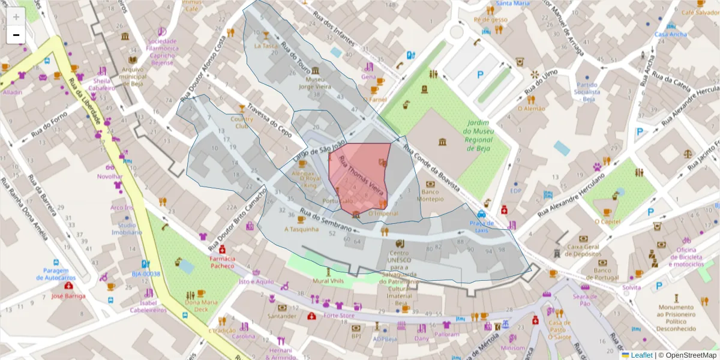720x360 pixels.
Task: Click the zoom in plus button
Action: pos(16,17)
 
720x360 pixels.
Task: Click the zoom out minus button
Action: pos(16,35)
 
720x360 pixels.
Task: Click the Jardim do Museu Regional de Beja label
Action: pos(478,136)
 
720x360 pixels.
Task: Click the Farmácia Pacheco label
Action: pos(222,262)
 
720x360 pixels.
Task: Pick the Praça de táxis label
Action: pos(481,226)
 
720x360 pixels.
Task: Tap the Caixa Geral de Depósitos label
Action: pos(583,250)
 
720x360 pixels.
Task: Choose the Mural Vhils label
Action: pos(328,280)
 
